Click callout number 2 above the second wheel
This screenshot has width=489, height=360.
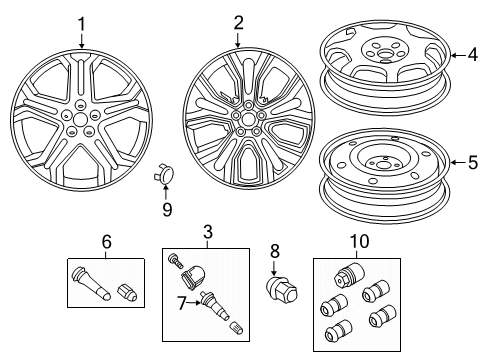pyautogui.click(x=237, y=22)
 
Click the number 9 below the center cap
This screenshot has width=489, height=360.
pyautogui.click(x=167, y=210)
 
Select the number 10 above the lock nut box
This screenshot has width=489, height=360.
pyautogui.click(x=356, y=241)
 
